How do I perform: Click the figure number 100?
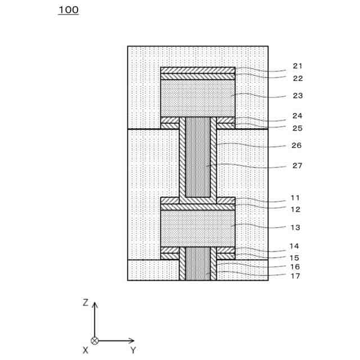(x=68, y=10)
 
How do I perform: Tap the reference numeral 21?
(x=298, y=66)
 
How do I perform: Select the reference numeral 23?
(x=298, y=96)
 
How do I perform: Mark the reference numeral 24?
(x=298, y=116)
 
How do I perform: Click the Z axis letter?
(x=85, y=303)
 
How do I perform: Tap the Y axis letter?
(x=133, y=350)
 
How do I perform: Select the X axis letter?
(x=85, y=350)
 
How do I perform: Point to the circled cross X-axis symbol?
(x=95, y=340)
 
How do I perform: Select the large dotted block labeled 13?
(x=197, y=228)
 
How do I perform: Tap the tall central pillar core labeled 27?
(x=197, y=157)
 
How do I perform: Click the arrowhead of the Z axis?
(x=95, y=305)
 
